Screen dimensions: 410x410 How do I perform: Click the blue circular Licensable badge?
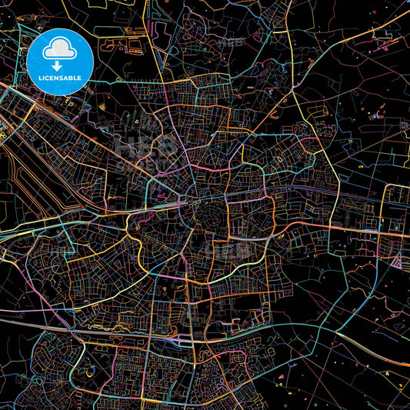(60, 62)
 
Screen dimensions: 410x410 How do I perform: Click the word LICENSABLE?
(60, 78)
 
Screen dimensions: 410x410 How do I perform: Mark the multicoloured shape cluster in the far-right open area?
(376, 116)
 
